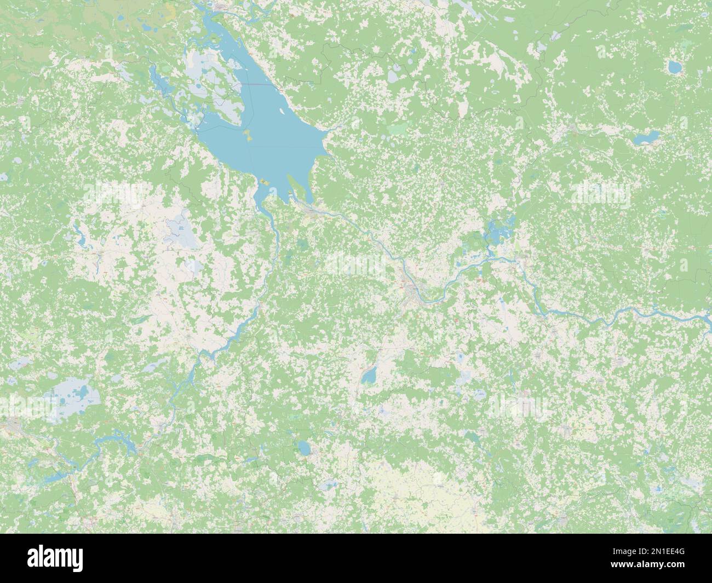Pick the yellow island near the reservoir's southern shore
coord(265,181)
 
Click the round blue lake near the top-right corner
coord(673,67)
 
